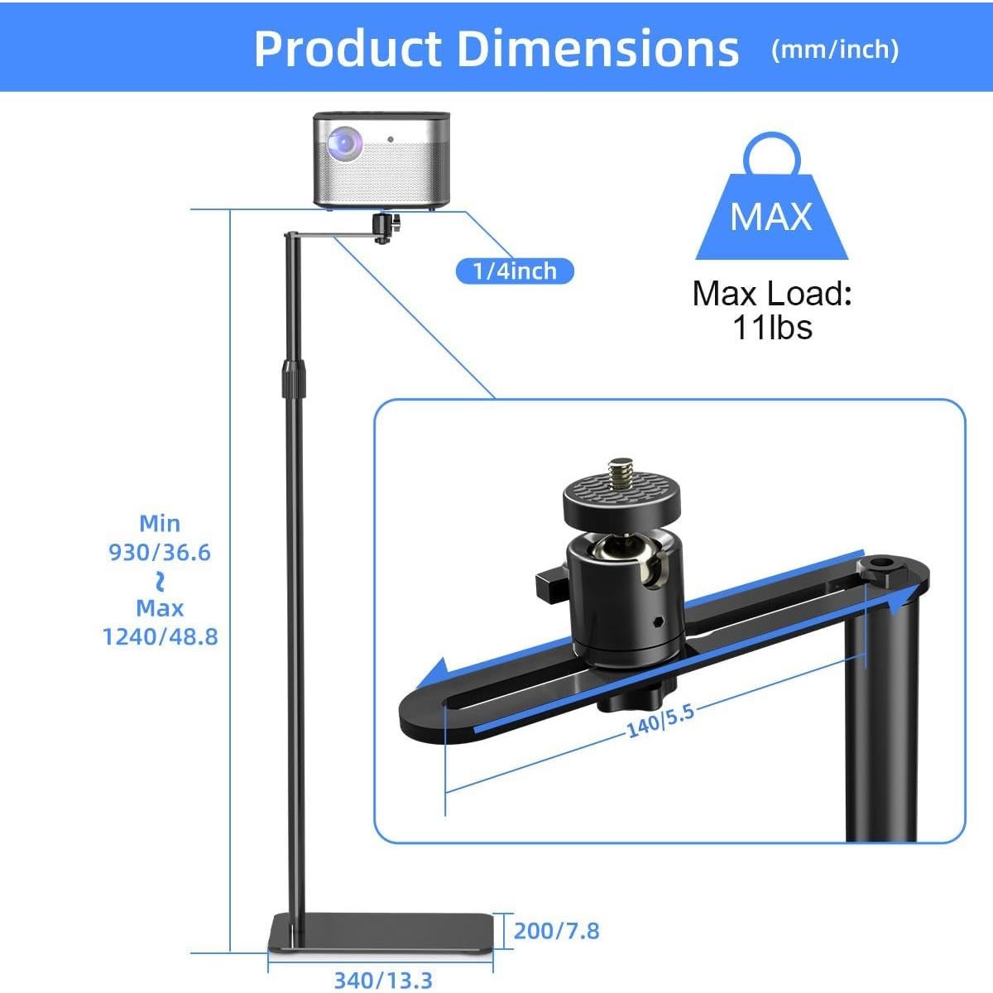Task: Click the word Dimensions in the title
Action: pyautogui.click(x=597, y=48)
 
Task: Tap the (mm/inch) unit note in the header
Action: pyautogui.click(x=834, y=50)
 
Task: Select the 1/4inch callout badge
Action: pyautogui.click(x=514, y=271)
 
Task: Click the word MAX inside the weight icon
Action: pyautogui.click(x=771, y=217)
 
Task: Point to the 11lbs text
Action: pyautogui.click(x=772, y=328)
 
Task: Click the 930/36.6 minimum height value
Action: pyautogui.click(x=161, y=552)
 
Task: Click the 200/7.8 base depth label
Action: pyautogui.click(x=556, y=931)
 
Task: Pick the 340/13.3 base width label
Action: pyautogui.click(x=383, y=981)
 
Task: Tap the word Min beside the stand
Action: pyautogui.click(x=160, y=523)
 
